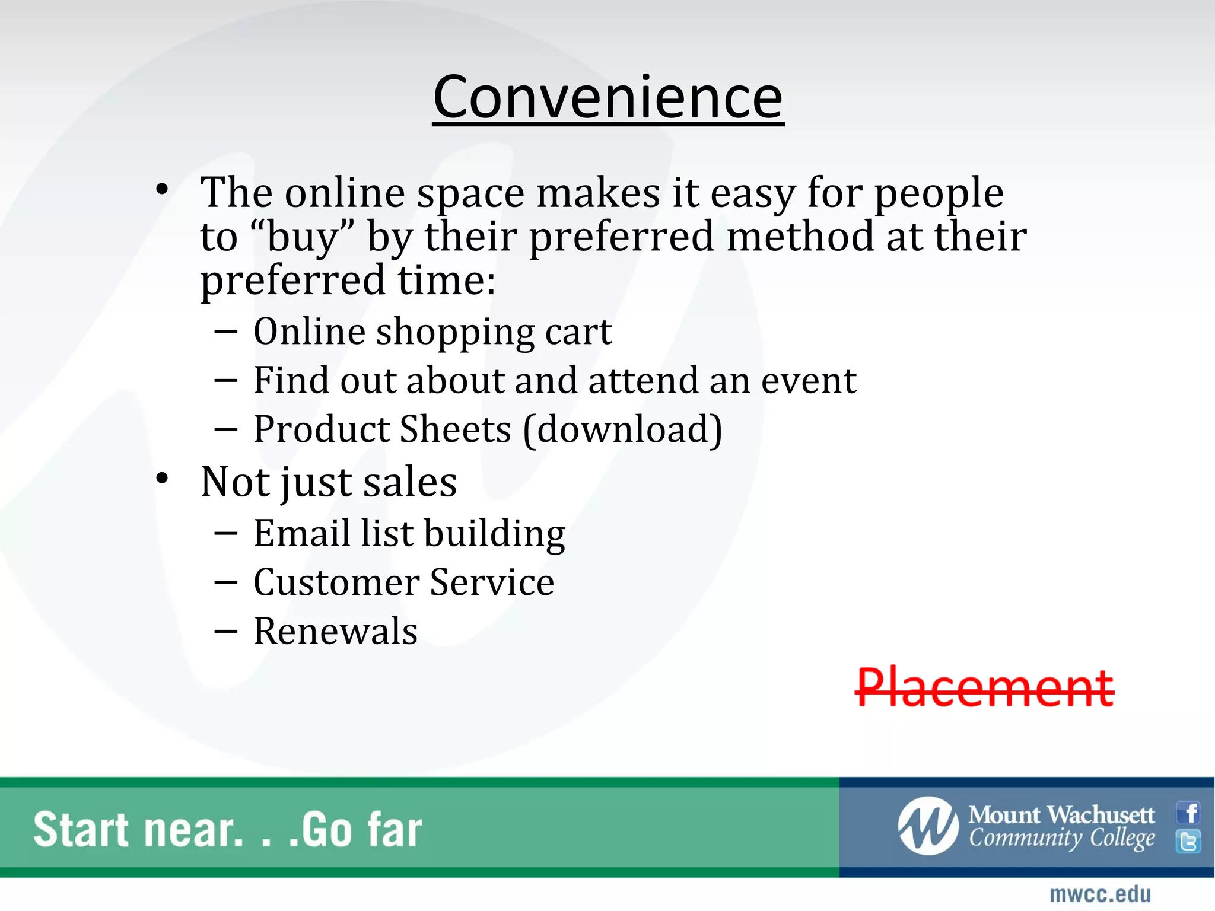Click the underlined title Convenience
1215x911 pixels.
tap(608, 98)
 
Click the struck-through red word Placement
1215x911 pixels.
tap(985, 688)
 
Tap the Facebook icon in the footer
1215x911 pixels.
tap(1189, 813)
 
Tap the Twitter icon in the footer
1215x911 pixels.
tap(1189, 842)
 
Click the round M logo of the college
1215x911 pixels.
tap(928, 826)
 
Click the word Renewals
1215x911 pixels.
tap(336, 631)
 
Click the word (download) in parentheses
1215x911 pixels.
tap(623, 429)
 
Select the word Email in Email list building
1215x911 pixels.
tap(301, 533)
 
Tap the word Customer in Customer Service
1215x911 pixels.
tap(336, 582)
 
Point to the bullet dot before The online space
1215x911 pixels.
tap(163, 190)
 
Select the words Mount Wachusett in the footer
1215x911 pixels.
tap(1061, 815)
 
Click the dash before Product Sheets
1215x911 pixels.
tap(226, 428)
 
